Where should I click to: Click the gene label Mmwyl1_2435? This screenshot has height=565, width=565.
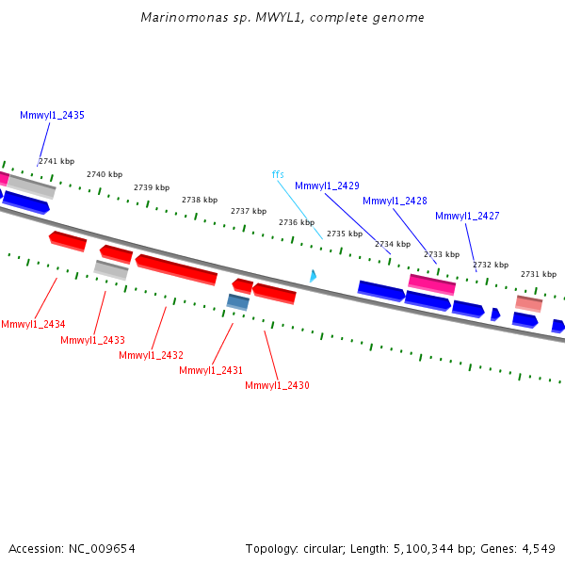[x=52, y=115]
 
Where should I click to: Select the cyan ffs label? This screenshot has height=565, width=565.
[x=278, y=174]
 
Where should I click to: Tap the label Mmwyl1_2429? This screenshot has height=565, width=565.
[x=327, y=186]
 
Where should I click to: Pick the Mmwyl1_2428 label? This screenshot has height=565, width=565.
[x=395, y=201]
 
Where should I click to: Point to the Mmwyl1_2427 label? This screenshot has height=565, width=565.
[x=467, y=216]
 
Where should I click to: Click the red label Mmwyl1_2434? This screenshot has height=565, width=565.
[x=33, y=324]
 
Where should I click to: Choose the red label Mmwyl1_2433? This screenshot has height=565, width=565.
[x=92, y=340]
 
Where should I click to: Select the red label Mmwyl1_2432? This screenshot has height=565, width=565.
[x=151, y=355]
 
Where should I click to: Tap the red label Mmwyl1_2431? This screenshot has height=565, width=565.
[x=211, y=370]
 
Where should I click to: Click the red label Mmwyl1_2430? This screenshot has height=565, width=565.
[x=277, y=385]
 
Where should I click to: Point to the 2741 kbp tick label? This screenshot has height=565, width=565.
[x=56, y=161]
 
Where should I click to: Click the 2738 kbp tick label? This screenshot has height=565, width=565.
[x=200, y=200]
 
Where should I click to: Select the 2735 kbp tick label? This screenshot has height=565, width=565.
[x=345, y=234]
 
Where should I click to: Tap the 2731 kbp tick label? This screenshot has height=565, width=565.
[x=539, y=274]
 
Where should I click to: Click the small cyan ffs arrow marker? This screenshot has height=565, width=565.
[x=313, y=276]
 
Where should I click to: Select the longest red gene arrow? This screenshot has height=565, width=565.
[x=176, y=269]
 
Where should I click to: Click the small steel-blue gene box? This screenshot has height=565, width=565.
[x=237, y=301]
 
